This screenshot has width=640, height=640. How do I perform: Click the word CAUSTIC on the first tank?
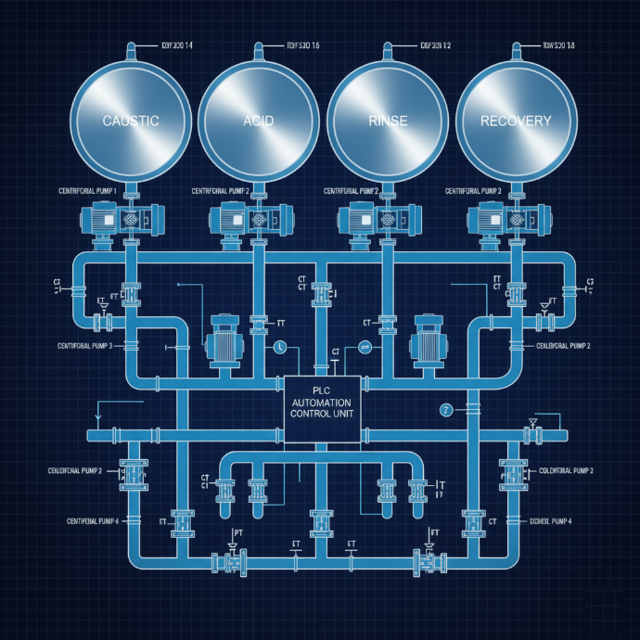click(130, 121)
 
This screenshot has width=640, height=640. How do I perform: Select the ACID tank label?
click(259, 122)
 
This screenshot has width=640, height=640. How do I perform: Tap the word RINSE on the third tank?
click(387, 122)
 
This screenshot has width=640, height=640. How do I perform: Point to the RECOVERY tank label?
click(516, 121)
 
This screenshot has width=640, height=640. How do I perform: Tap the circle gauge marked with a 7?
click(446, 411)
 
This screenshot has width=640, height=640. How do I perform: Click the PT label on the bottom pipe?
click(237, 533)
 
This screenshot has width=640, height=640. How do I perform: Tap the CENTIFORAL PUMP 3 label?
click(84, 345)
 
